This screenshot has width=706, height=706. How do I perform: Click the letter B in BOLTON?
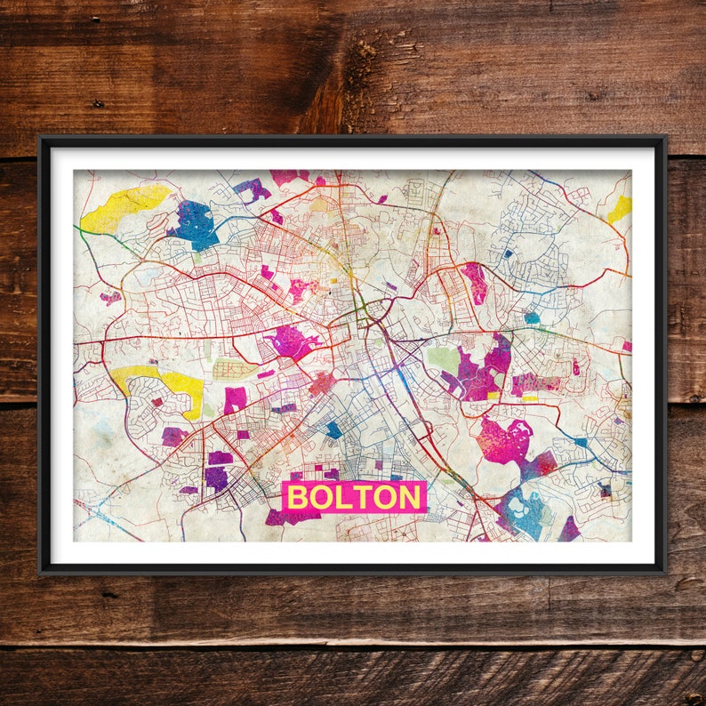[298, 497]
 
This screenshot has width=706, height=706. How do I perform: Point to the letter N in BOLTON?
[410, 497]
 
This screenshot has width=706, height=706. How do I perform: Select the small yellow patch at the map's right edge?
[620, 210]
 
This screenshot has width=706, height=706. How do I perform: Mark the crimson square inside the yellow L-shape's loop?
[157, 402]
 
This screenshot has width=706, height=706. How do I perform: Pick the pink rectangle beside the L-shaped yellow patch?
[235, 400]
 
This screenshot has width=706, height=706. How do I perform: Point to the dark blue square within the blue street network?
[508, 253]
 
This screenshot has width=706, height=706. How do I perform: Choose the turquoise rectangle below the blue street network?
[532, 317]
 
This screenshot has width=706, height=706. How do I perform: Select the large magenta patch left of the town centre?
[291, 341]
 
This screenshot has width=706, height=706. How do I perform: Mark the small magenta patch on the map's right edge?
[627, 346]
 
